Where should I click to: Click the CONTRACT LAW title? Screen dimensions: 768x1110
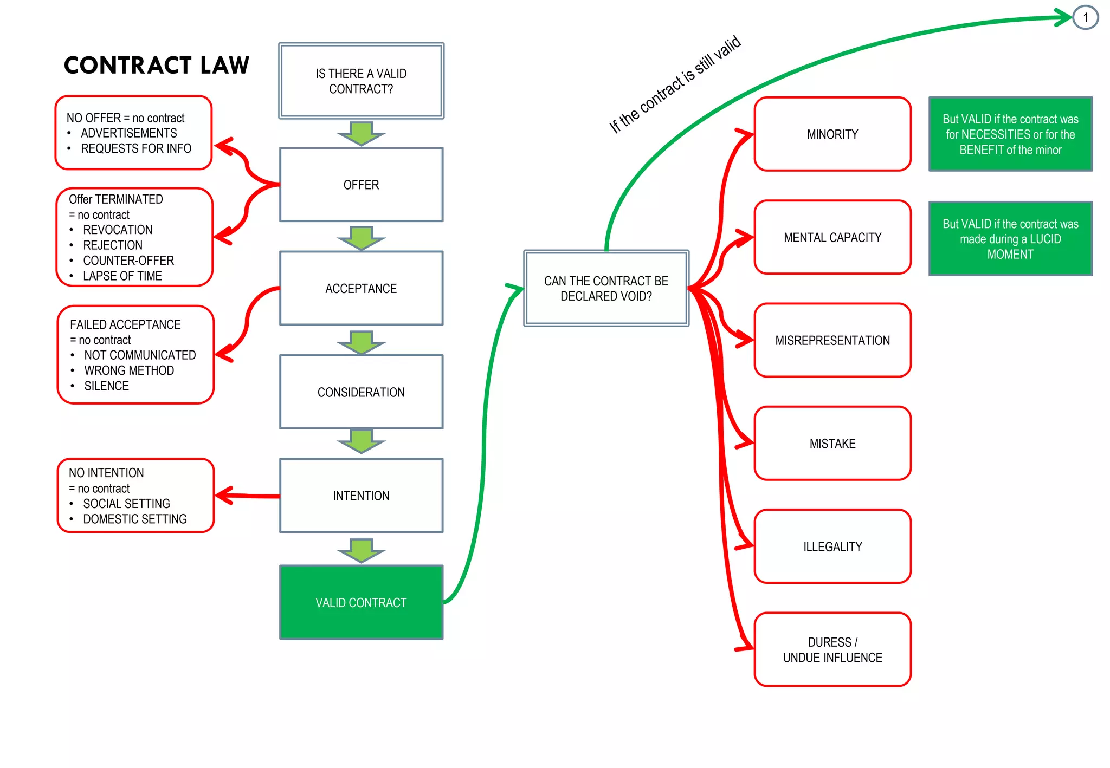(156, 66)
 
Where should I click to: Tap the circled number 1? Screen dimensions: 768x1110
(1085, 18)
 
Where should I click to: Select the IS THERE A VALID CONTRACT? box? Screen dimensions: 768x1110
(361, 81)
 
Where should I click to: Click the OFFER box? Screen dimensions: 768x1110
(361, 185)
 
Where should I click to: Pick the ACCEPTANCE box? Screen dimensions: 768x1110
(361, 289)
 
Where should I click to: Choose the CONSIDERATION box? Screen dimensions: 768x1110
(361, 392)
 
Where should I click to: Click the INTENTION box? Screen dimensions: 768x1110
(361, 496)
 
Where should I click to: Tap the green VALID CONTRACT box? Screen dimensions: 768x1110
(361, 602)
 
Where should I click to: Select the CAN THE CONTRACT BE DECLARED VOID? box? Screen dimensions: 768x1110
(606, 288)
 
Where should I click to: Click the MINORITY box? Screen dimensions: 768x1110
(832, 134)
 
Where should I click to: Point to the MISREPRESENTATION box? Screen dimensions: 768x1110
(832, 340)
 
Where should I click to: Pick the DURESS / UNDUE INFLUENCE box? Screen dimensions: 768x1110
(832, 649)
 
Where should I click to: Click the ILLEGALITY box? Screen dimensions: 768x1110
(832, 546)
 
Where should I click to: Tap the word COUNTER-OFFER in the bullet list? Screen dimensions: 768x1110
(128, 261)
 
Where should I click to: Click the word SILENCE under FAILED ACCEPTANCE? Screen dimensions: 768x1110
(107, 386)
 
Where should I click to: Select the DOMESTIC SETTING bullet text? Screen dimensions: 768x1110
(135, 519)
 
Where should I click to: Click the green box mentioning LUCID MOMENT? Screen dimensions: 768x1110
(1010, 239)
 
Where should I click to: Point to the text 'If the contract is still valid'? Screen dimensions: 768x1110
(675, 84)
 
